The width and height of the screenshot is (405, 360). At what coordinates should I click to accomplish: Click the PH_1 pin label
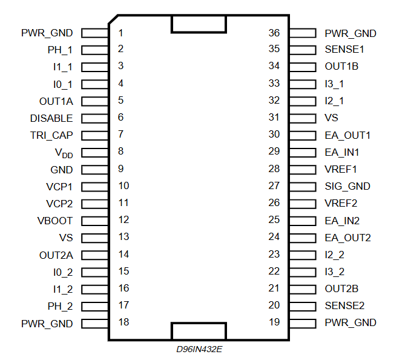pos(60,50)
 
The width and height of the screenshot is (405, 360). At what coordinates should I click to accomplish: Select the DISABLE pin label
pos(51,118)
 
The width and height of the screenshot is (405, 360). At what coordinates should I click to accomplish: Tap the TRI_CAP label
pos(51,135)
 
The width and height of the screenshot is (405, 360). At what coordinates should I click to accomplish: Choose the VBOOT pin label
pos(54,221)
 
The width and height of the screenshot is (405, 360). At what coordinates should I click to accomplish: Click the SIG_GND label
pos(347,187)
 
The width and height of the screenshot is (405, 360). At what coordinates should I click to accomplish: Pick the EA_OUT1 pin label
pos(347,135)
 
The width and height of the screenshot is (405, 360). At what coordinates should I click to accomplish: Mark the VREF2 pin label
pos(341,204)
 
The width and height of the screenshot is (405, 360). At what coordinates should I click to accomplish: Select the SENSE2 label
pos(344,306)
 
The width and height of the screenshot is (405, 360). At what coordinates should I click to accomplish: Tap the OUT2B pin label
pos(341,289)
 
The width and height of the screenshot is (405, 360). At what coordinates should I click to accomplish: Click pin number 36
pos(274,33)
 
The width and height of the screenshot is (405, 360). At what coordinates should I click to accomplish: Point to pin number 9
pos(121,169)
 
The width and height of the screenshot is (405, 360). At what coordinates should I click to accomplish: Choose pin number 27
pos(274,186)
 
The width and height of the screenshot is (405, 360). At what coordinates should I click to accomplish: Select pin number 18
pos(123,322)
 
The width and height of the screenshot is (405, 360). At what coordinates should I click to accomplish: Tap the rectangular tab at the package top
pos(199,24)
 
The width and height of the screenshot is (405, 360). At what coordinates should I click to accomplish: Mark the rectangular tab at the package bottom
pos(199,331)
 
